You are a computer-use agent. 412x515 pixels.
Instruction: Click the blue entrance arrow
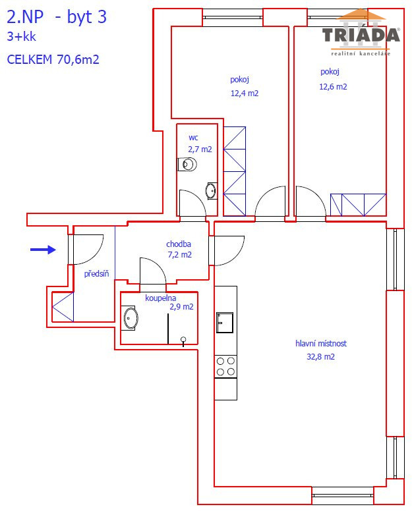(x=43, y=250)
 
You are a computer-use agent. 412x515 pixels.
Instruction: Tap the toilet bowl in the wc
(x=187, y=164)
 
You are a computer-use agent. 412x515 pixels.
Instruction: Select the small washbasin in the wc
(x=211, y=191)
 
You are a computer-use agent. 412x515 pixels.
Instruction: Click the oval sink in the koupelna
(x=131, y=318)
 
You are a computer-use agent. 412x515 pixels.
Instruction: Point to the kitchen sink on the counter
(x=225, y=323)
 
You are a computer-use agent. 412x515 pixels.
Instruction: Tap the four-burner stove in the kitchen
(x=225, y=367)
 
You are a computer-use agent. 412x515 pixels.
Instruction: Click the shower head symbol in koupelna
(x=183, y=341)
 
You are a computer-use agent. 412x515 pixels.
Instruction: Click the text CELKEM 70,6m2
(x=53, y=59)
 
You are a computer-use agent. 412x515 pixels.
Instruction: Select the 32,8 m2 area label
(x=320, y=357)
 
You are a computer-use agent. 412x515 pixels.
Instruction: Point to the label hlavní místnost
(x=321, y=344)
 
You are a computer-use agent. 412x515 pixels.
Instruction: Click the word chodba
(x=179, y=244)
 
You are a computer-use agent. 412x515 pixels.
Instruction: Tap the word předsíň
(x=96, y=273)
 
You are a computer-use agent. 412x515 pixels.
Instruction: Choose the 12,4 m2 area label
(x=245, y=94)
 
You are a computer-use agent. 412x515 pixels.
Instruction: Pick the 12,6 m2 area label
(x=333, y=87)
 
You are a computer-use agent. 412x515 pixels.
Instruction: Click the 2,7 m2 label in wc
(x=200, y=149)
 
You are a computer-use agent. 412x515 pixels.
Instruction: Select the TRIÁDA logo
(x=361, y=33)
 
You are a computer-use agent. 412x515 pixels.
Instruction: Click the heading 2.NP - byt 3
(x=57, y=17)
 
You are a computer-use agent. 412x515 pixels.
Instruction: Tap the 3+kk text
(x=21, y=36)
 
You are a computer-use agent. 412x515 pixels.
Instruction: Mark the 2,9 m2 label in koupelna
(x=181, y=307)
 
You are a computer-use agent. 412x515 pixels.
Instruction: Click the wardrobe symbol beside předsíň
(x=63, y=307)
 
